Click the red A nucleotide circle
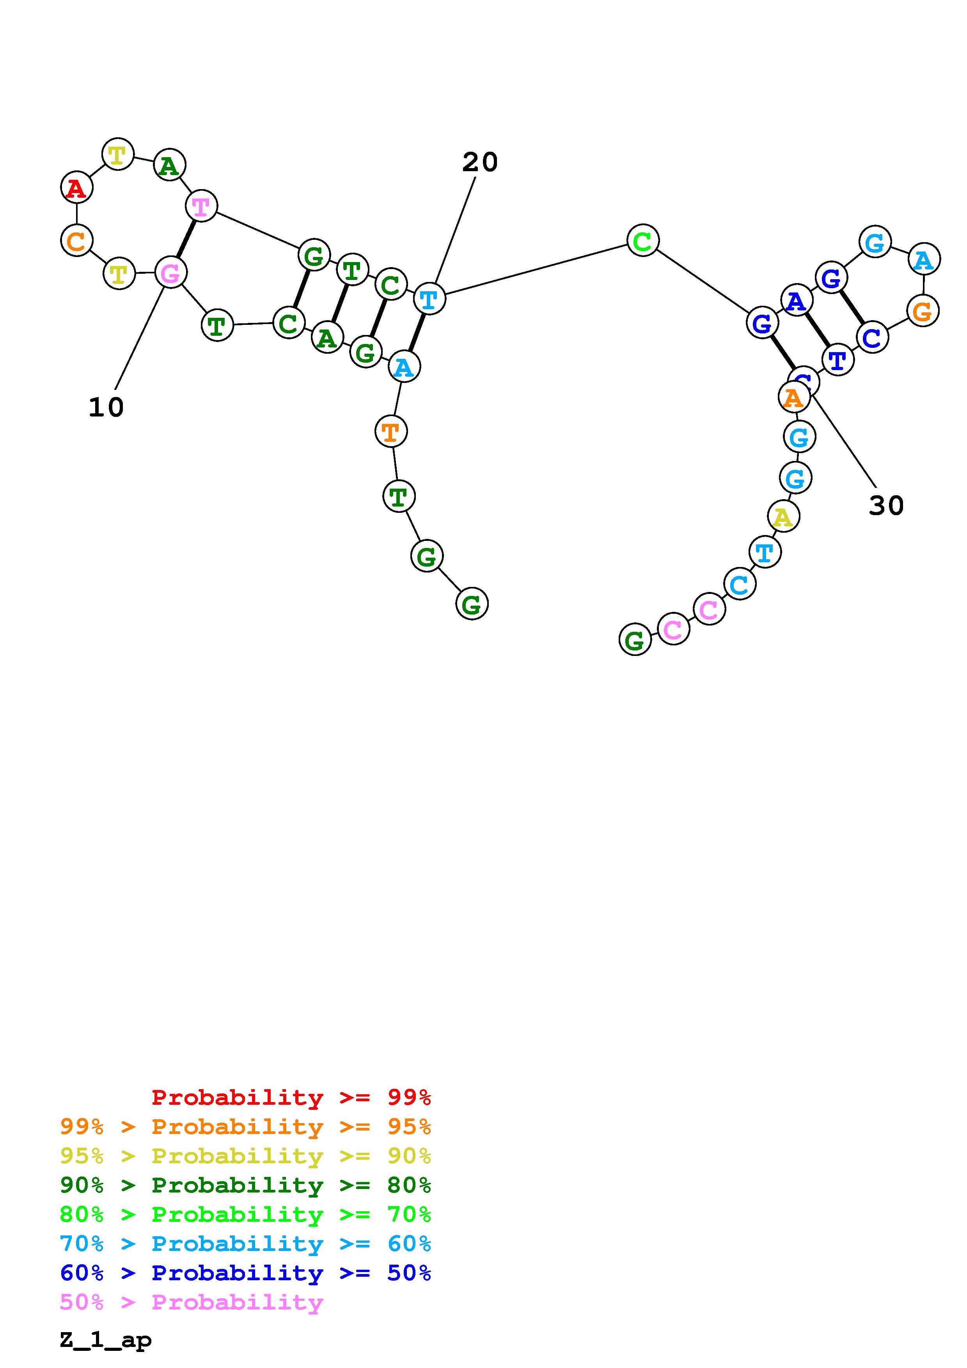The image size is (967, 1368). point(77,187)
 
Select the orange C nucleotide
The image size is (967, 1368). point(77,241)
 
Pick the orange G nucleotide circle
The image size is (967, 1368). point(923,310)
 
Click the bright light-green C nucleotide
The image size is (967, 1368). point(643,241)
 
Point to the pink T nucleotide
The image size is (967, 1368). point(201,206)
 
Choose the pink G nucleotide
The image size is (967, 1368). point(171,273)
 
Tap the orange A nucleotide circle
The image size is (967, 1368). point(794,397)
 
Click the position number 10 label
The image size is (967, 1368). point(106,408)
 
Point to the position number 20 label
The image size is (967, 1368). point(480,162)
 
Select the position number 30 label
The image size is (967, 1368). point(886,506)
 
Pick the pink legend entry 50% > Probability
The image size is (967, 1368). point(191,1302)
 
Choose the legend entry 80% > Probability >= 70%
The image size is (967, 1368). point(245,1214)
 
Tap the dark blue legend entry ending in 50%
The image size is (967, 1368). point(245,1273)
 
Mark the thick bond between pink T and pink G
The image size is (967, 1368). point(186,239)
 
